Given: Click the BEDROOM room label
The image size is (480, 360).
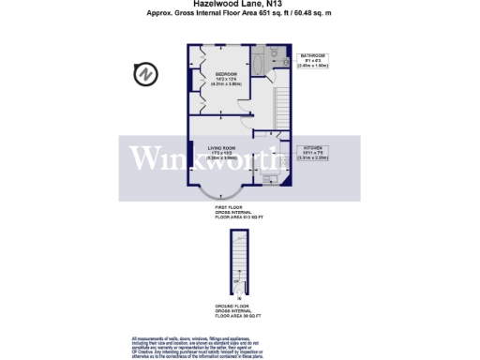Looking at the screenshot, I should tap(226, 76).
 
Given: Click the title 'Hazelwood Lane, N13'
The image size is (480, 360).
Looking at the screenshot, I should tap(240, 5).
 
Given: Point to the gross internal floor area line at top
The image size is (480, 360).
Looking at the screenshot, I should tap(240, 13).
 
